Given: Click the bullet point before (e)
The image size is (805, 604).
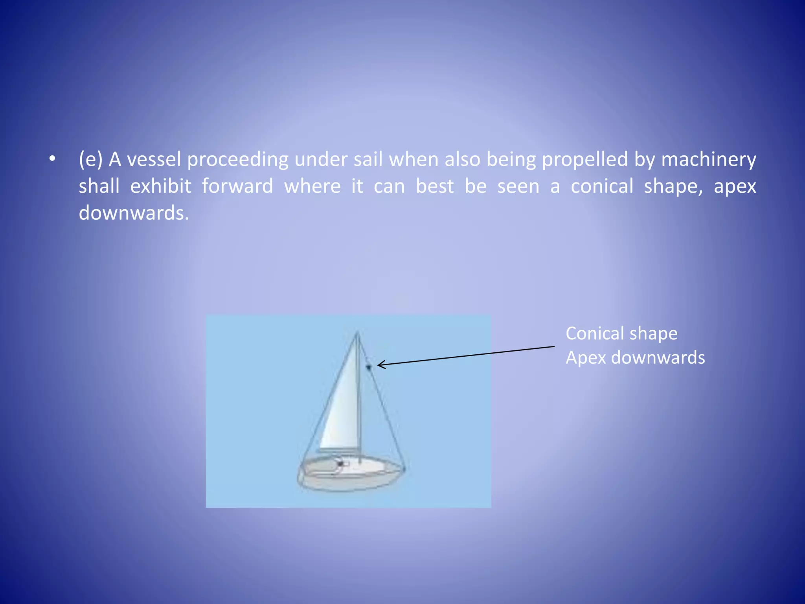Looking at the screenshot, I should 52,159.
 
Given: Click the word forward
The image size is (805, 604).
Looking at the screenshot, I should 237,186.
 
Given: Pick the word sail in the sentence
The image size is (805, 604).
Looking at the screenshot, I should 368,160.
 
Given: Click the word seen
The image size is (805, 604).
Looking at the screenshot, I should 518,186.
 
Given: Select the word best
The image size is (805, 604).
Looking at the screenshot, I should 435,186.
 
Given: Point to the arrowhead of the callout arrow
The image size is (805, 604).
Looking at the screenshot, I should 379,365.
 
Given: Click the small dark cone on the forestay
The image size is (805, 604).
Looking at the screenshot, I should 369,367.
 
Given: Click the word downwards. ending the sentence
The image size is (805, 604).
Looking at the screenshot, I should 134,213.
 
